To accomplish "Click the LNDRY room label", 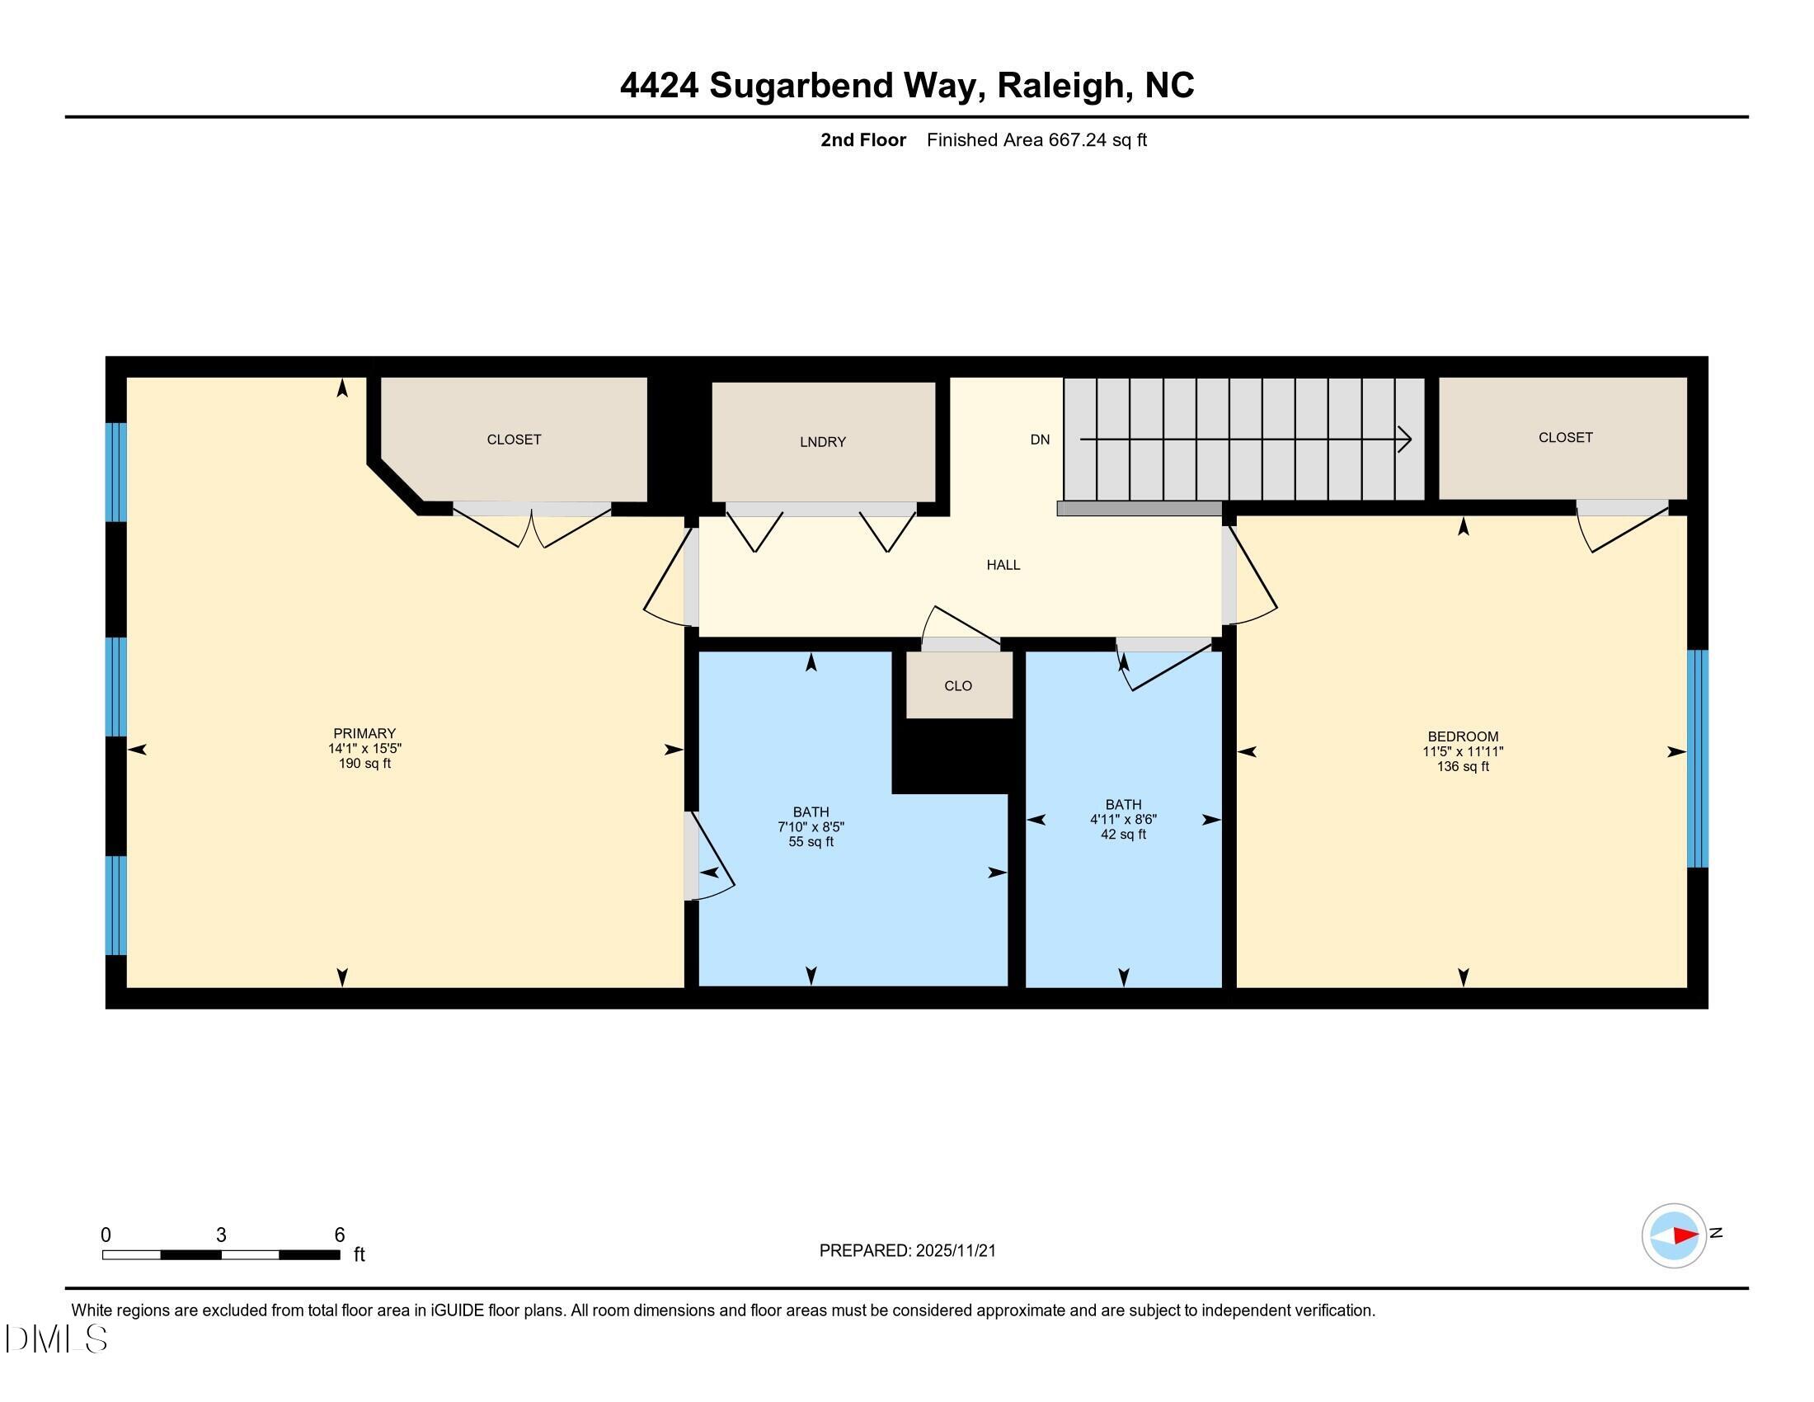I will click(822, 442).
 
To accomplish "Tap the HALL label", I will click(1003, 565).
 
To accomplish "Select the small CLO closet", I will click(957, 685).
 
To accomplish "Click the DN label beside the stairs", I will click(1040, 440).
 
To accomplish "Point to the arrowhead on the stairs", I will click(1403, 439).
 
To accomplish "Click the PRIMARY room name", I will click(364, 733).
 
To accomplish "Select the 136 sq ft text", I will click(1463, 767).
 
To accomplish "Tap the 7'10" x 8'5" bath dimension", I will click(811, 827).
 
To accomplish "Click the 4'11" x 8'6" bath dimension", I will click(1123, 819).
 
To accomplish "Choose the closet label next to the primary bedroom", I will click(514, 440).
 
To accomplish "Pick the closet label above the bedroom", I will click(1565, 437).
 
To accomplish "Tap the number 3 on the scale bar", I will click(221, 1235).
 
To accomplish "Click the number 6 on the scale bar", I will click(339, 1235).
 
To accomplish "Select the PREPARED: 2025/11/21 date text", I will click(907, 1251).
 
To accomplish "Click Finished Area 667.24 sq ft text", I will click(1036, 140).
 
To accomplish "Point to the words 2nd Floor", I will click(862, 140).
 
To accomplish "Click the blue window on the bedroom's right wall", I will click(1697, 758).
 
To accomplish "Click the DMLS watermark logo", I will click(56, 1338).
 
